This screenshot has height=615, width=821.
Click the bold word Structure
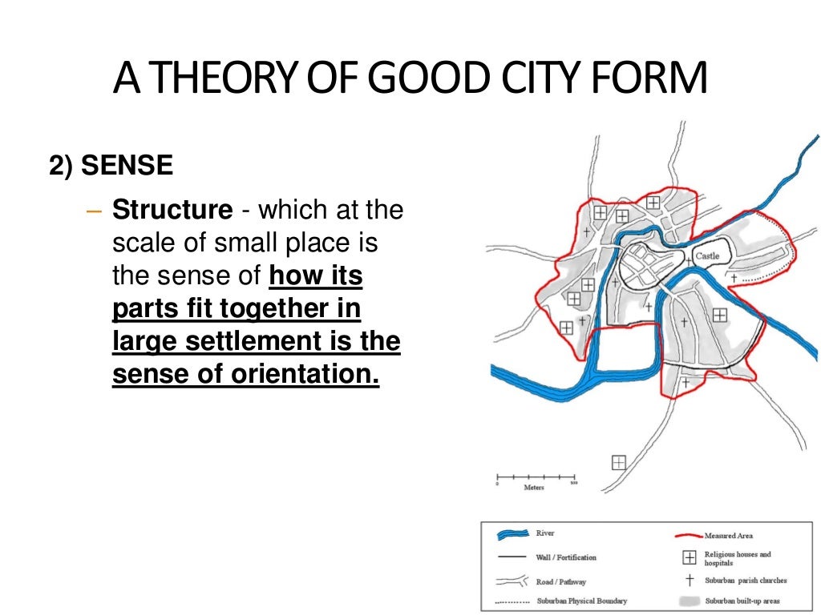[172, 211]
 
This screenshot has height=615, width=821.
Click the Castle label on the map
[707, 256]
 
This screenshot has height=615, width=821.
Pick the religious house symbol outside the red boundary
[618, 462]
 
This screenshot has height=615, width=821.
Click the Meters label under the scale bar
[534, 488]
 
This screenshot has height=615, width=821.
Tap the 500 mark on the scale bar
[573, 484]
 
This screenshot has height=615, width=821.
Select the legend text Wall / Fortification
[566, 557]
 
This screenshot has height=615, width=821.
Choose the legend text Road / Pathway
[560, 581]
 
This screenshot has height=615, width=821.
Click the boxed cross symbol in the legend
[689, 558]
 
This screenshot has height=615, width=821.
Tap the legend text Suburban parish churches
[746, 581]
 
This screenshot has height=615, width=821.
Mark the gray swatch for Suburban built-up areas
[689, 601]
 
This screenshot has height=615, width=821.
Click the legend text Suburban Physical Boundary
[581, 601]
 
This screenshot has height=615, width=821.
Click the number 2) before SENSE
[62, 166]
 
